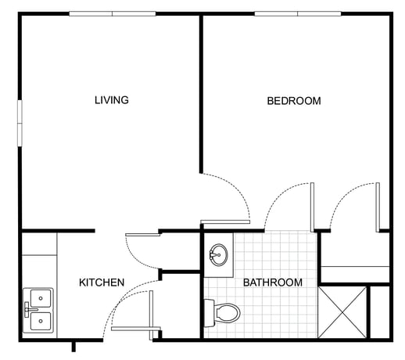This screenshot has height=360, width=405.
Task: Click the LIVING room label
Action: [x=112, y=100]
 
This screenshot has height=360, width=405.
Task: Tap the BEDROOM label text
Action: [x=294, y=101]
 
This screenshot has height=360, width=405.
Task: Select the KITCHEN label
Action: [x=102, y=283]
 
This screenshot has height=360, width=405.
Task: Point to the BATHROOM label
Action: [x=273, y=283]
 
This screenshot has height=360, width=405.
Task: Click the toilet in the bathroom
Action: [x=222, y=313]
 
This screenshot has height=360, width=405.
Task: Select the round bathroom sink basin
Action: [x=219, y=254]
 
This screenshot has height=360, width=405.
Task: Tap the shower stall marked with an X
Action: [x=342, y=311]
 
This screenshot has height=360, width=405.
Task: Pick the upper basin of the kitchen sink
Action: [x=41, y=298]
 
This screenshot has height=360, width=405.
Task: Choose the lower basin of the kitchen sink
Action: [x=41, y=321]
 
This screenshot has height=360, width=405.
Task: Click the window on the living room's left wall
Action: [x=20, y=123]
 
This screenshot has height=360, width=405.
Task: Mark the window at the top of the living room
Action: [x=113, y=14]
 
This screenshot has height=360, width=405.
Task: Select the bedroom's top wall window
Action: [x=298, y=14]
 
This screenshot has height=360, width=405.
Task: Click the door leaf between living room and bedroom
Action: [x=225, y=222]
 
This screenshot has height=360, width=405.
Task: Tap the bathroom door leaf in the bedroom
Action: [x=312, y=207]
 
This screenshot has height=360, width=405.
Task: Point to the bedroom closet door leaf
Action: [x=378, y=207]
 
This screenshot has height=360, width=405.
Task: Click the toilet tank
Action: [x=209, y=313]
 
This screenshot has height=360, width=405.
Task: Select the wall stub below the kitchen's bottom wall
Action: [x=73, y=347]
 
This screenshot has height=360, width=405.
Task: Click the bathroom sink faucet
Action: [x=213, y=254]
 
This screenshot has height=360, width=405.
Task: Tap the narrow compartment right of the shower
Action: [x=380, y=311]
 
